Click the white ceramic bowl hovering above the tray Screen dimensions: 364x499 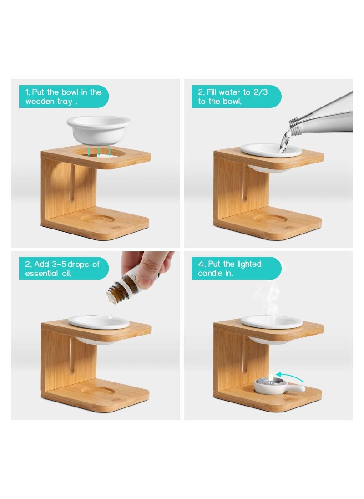tap(99, 130)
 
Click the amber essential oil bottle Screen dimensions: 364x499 tap(123, 288)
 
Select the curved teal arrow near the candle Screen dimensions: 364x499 tap(289, 376)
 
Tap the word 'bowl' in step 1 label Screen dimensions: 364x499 tap(70, 92)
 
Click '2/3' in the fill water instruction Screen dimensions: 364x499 tap(260, 92)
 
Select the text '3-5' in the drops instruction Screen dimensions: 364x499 tap(59, 264)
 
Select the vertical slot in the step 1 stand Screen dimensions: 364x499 tap(72, 183)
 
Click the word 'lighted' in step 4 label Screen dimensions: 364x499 tap(249, 265)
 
